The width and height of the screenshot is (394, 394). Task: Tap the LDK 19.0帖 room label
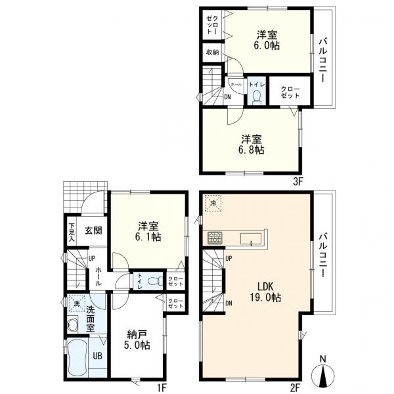tap(265, 292)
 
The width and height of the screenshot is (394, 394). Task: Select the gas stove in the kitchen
tap(215, 238)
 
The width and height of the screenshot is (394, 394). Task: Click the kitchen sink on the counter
tap(252, 238)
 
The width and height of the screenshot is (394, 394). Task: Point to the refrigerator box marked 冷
tap(213, 204)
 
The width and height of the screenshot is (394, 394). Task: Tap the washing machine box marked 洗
tap(77, 303)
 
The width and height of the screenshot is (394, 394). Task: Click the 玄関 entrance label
tap(93, 230)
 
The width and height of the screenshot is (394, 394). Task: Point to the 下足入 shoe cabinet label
tap(72, 232)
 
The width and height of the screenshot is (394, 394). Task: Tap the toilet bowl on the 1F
tap(154, 280)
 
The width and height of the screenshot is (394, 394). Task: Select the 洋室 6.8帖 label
tap(252, 144)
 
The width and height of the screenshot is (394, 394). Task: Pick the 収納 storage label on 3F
tap(213, 53)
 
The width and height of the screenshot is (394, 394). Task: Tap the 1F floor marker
tap(161, 388)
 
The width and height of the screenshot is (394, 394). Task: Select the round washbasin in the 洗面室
tap(73, 324)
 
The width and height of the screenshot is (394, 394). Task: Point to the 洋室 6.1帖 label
tap(148, 231)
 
